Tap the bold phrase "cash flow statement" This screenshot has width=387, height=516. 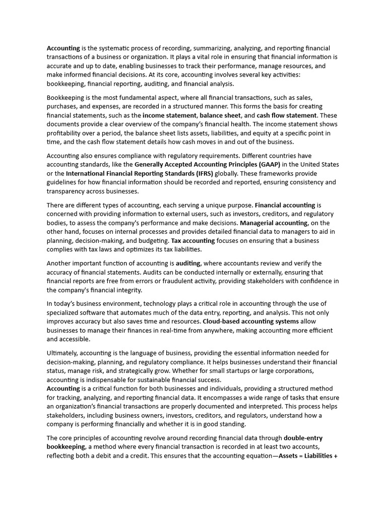point(287,115)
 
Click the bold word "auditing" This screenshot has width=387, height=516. point(188,263)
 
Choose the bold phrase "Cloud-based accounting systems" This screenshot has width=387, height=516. point(250,321)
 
